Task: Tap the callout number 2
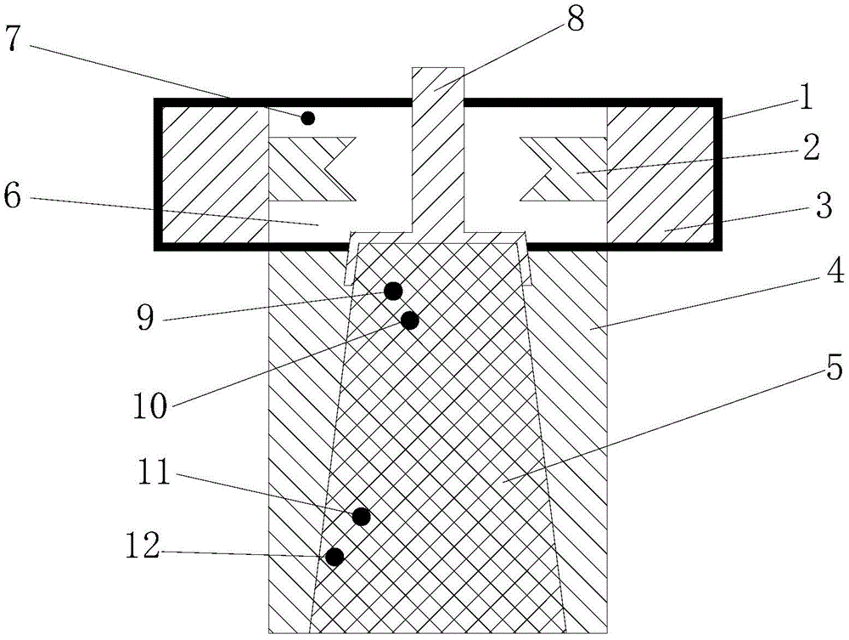pos(810,148)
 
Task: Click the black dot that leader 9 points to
pos(393,292)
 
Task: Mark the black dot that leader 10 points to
pos(410,320)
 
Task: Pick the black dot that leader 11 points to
pos(362,517)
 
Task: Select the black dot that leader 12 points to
pos(335,557)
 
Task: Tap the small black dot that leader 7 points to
pos(308,117)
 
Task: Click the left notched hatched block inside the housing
pos(301,169)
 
